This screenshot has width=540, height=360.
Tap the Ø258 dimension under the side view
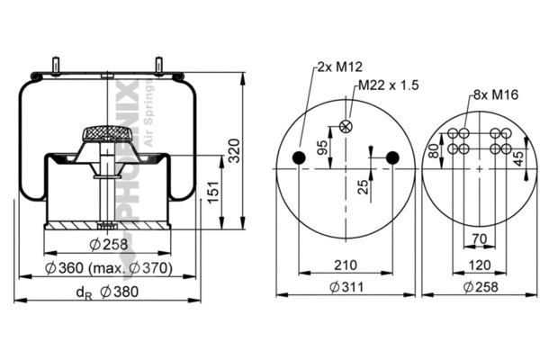click(x=108, y=244)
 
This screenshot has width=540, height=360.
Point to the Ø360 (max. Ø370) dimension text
click(x=106, y=269)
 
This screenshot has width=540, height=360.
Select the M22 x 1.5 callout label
click(x=389, y=85)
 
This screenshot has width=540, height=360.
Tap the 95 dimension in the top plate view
click(x=322, y=146)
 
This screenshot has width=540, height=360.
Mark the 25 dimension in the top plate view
click(x=361, y=187)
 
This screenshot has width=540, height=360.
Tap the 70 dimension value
click(x=479, y=239)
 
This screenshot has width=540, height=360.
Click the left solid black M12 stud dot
click(x=300, y=159)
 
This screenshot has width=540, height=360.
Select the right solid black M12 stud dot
click(x=391, y=159)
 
